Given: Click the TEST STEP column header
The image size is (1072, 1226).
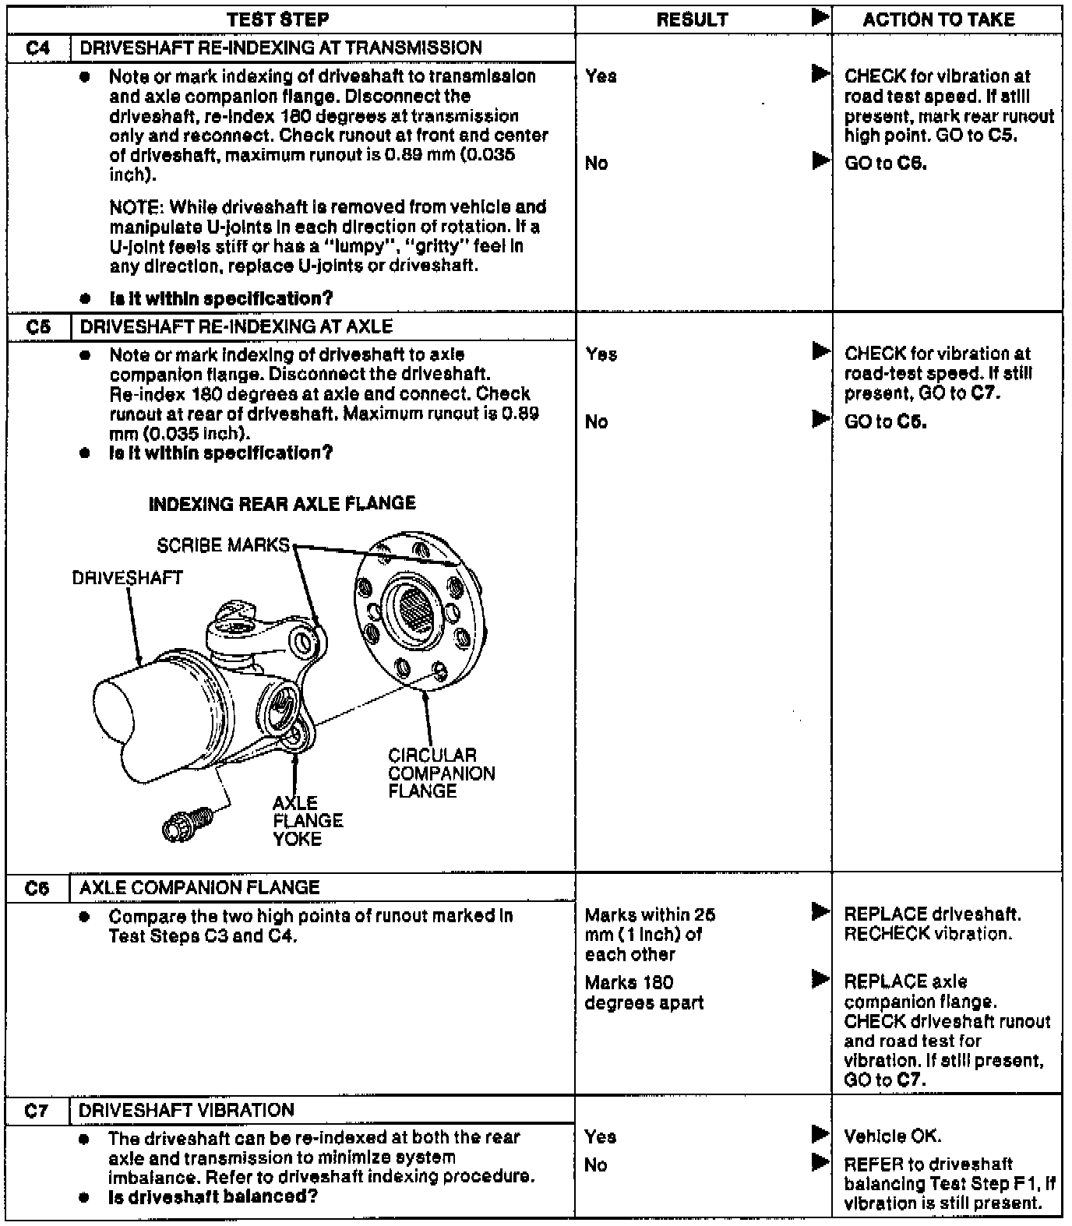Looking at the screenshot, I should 277,19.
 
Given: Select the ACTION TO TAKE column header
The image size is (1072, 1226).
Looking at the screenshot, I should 938,19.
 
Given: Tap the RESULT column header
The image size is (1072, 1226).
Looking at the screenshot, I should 692,19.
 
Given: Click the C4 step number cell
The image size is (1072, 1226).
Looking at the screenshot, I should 37,48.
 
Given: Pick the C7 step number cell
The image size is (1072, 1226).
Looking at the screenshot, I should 37,1110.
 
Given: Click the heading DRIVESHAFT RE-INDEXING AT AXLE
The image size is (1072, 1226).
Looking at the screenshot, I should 236,326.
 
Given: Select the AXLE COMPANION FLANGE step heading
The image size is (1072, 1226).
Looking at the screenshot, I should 199,887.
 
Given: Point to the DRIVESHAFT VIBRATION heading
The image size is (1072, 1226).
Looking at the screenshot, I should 186,1110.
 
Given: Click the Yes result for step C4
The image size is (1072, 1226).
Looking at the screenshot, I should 601,76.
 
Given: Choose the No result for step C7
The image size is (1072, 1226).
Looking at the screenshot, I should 595,1165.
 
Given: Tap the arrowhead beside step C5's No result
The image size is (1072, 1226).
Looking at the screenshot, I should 820,419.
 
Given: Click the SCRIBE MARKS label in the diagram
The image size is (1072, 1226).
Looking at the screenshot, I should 223,545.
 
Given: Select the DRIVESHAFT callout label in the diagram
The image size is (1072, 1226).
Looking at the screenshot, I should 127,578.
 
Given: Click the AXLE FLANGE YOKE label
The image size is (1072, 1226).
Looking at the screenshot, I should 307,820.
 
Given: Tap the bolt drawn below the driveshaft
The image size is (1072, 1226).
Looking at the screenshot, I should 187,823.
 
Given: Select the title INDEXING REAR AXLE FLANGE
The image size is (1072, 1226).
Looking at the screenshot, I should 282,504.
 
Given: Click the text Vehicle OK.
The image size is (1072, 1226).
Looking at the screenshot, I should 892,1136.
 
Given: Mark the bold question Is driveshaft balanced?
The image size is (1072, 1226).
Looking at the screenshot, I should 213,1197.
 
